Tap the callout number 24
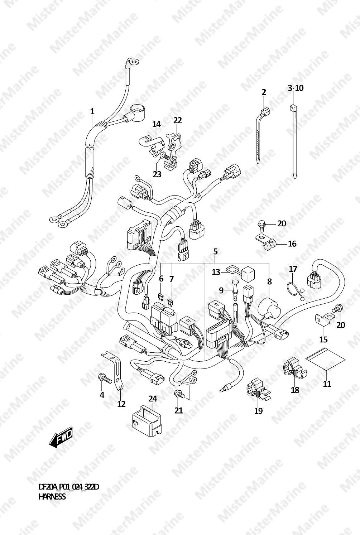coord(153,399)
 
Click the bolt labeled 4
coord(105,378)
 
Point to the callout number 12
coord(121,404)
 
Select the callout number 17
coord(293,269)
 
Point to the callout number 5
coord(216,251)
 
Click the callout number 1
coord(92,111)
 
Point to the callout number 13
coord(216,272)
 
